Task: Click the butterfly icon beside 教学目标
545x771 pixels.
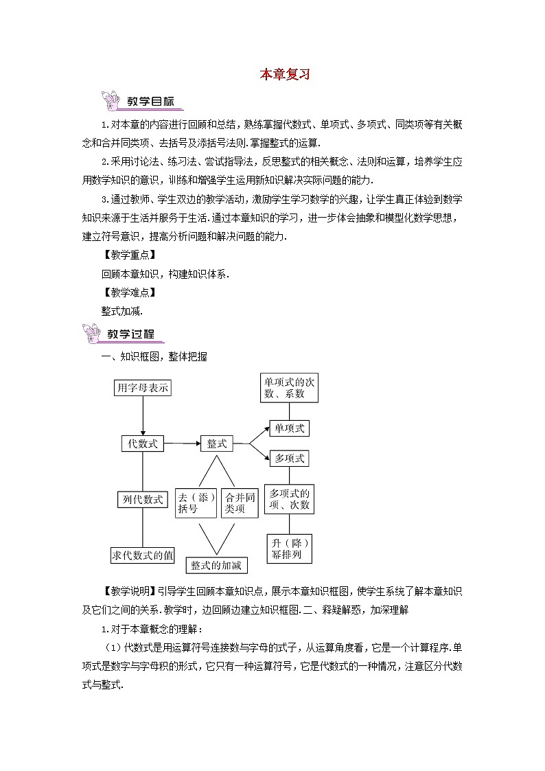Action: coord(109,102)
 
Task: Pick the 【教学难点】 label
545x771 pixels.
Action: coord(129,292)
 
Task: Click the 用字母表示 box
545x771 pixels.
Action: coord(142,388)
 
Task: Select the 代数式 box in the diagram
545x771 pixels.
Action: coord(143,444)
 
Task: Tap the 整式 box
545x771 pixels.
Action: coord(217,444)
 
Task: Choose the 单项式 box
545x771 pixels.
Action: coord(289,428)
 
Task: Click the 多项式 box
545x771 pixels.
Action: coord(289,458)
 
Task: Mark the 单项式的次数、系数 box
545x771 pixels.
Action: coord(289,387)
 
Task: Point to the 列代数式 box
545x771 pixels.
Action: coord(143,500)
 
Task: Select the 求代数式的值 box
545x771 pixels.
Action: coord(143,555)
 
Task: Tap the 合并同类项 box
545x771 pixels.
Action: coord(240,503)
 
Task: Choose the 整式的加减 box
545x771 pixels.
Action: coord(217,564)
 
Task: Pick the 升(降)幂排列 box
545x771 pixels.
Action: coord(289,547)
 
